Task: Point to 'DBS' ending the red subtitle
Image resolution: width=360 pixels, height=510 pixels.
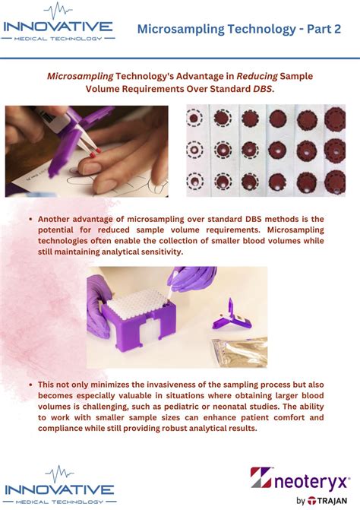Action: pos(262,89)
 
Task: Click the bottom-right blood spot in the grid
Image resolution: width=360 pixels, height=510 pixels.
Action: pos(334,181)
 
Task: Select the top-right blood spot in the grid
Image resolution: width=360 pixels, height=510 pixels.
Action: pos(334,119)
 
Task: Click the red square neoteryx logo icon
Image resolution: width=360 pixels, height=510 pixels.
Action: pos(261,477)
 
